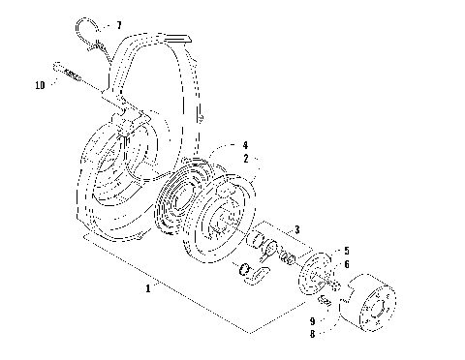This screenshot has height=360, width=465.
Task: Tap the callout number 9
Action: (311, 319)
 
